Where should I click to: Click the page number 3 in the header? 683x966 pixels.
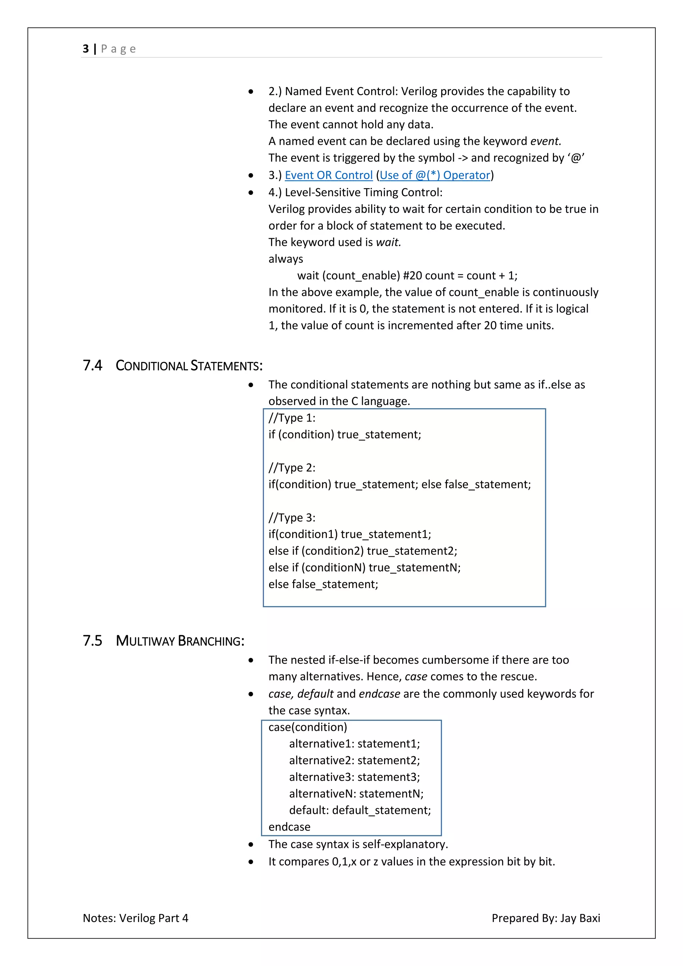pyautogui.click(x=86, y=49)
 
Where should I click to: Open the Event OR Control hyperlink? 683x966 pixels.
pyautogui.click(x=328, y=175)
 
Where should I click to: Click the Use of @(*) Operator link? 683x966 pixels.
pyautogui.click(x=435, y=175)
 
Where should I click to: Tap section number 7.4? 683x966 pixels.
pyautogui.click(x=92, y=365)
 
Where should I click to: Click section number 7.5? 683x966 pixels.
pyautogui.click(x=92, y=640)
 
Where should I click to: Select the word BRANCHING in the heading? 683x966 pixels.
pyautogui.click(x=211, y=641)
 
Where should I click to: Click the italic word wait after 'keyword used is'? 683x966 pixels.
pyautogui.click(x=388, y=243)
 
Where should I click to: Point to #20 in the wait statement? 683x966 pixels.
pyautogui.click(x=412, y=276)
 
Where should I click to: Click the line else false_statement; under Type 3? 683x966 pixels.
pyautogui.click(x=323, y=584)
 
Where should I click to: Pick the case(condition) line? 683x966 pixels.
pyautogui.click(x=307, y=727)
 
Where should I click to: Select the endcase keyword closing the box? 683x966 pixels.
pyautogui.click(x=289, y=827)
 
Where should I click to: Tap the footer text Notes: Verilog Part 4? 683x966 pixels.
pyautogui.click(x=135, y=918)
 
